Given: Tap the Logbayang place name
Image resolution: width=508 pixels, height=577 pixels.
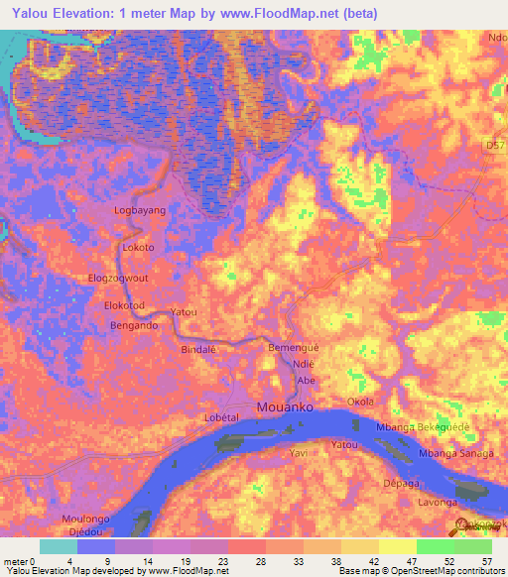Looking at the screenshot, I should (140, 211).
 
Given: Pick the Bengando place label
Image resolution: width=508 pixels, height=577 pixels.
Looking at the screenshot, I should (134, 325).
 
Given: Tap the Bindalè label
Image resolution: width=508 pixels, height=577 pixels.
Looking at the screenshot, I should (198, 350).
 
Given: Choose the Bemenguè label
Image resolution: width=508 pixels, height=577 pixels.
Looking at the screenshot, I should (295, 350).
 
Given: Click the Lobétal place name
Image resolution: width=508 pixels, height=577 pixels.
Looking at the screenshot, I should (222, 418).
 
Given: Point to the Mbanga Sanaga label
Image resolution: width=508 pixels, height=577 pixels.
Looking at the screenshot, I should (455, 453).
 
